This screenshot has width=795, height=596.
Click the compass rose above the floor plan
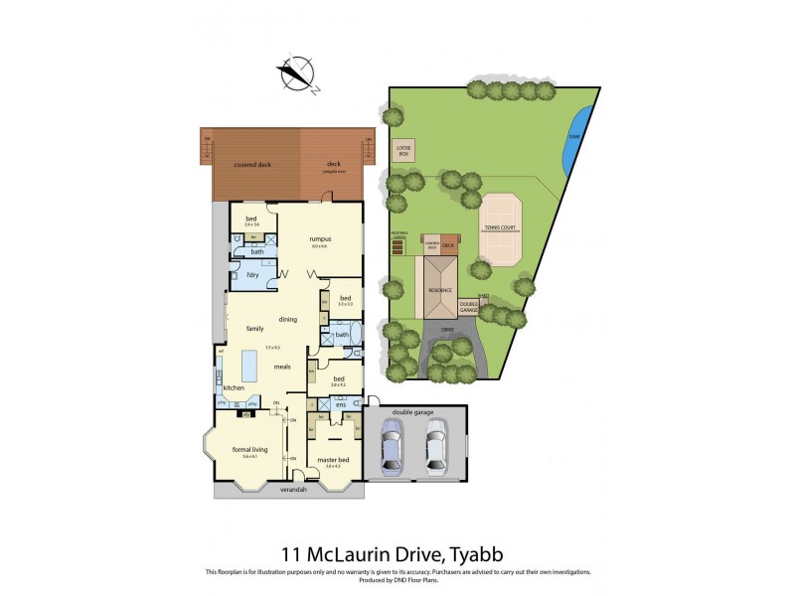(x=295, y=74)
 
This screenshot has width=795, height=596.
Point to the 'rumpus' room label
(x=319, y=239)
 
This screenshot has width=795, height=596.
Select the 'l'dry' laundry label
(x=239, y=274)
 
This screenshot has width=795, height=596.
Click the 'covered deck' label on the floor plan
(x=252, y=165)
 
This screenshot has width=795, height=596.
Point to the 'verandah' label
(x=293, y=490)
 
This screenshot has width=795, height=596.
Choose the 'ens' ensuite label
(x=340, y=404)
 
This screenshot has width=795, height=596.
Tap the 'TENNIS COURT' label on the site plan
(x=500, y=226)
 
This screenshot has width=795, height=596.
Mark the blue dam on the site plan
(x=574, y=142)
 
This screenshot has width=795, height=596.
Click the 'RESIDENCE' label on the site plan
(x=440, y=290)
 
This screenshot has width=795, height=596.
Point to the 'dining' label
(x=288, y=319)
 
